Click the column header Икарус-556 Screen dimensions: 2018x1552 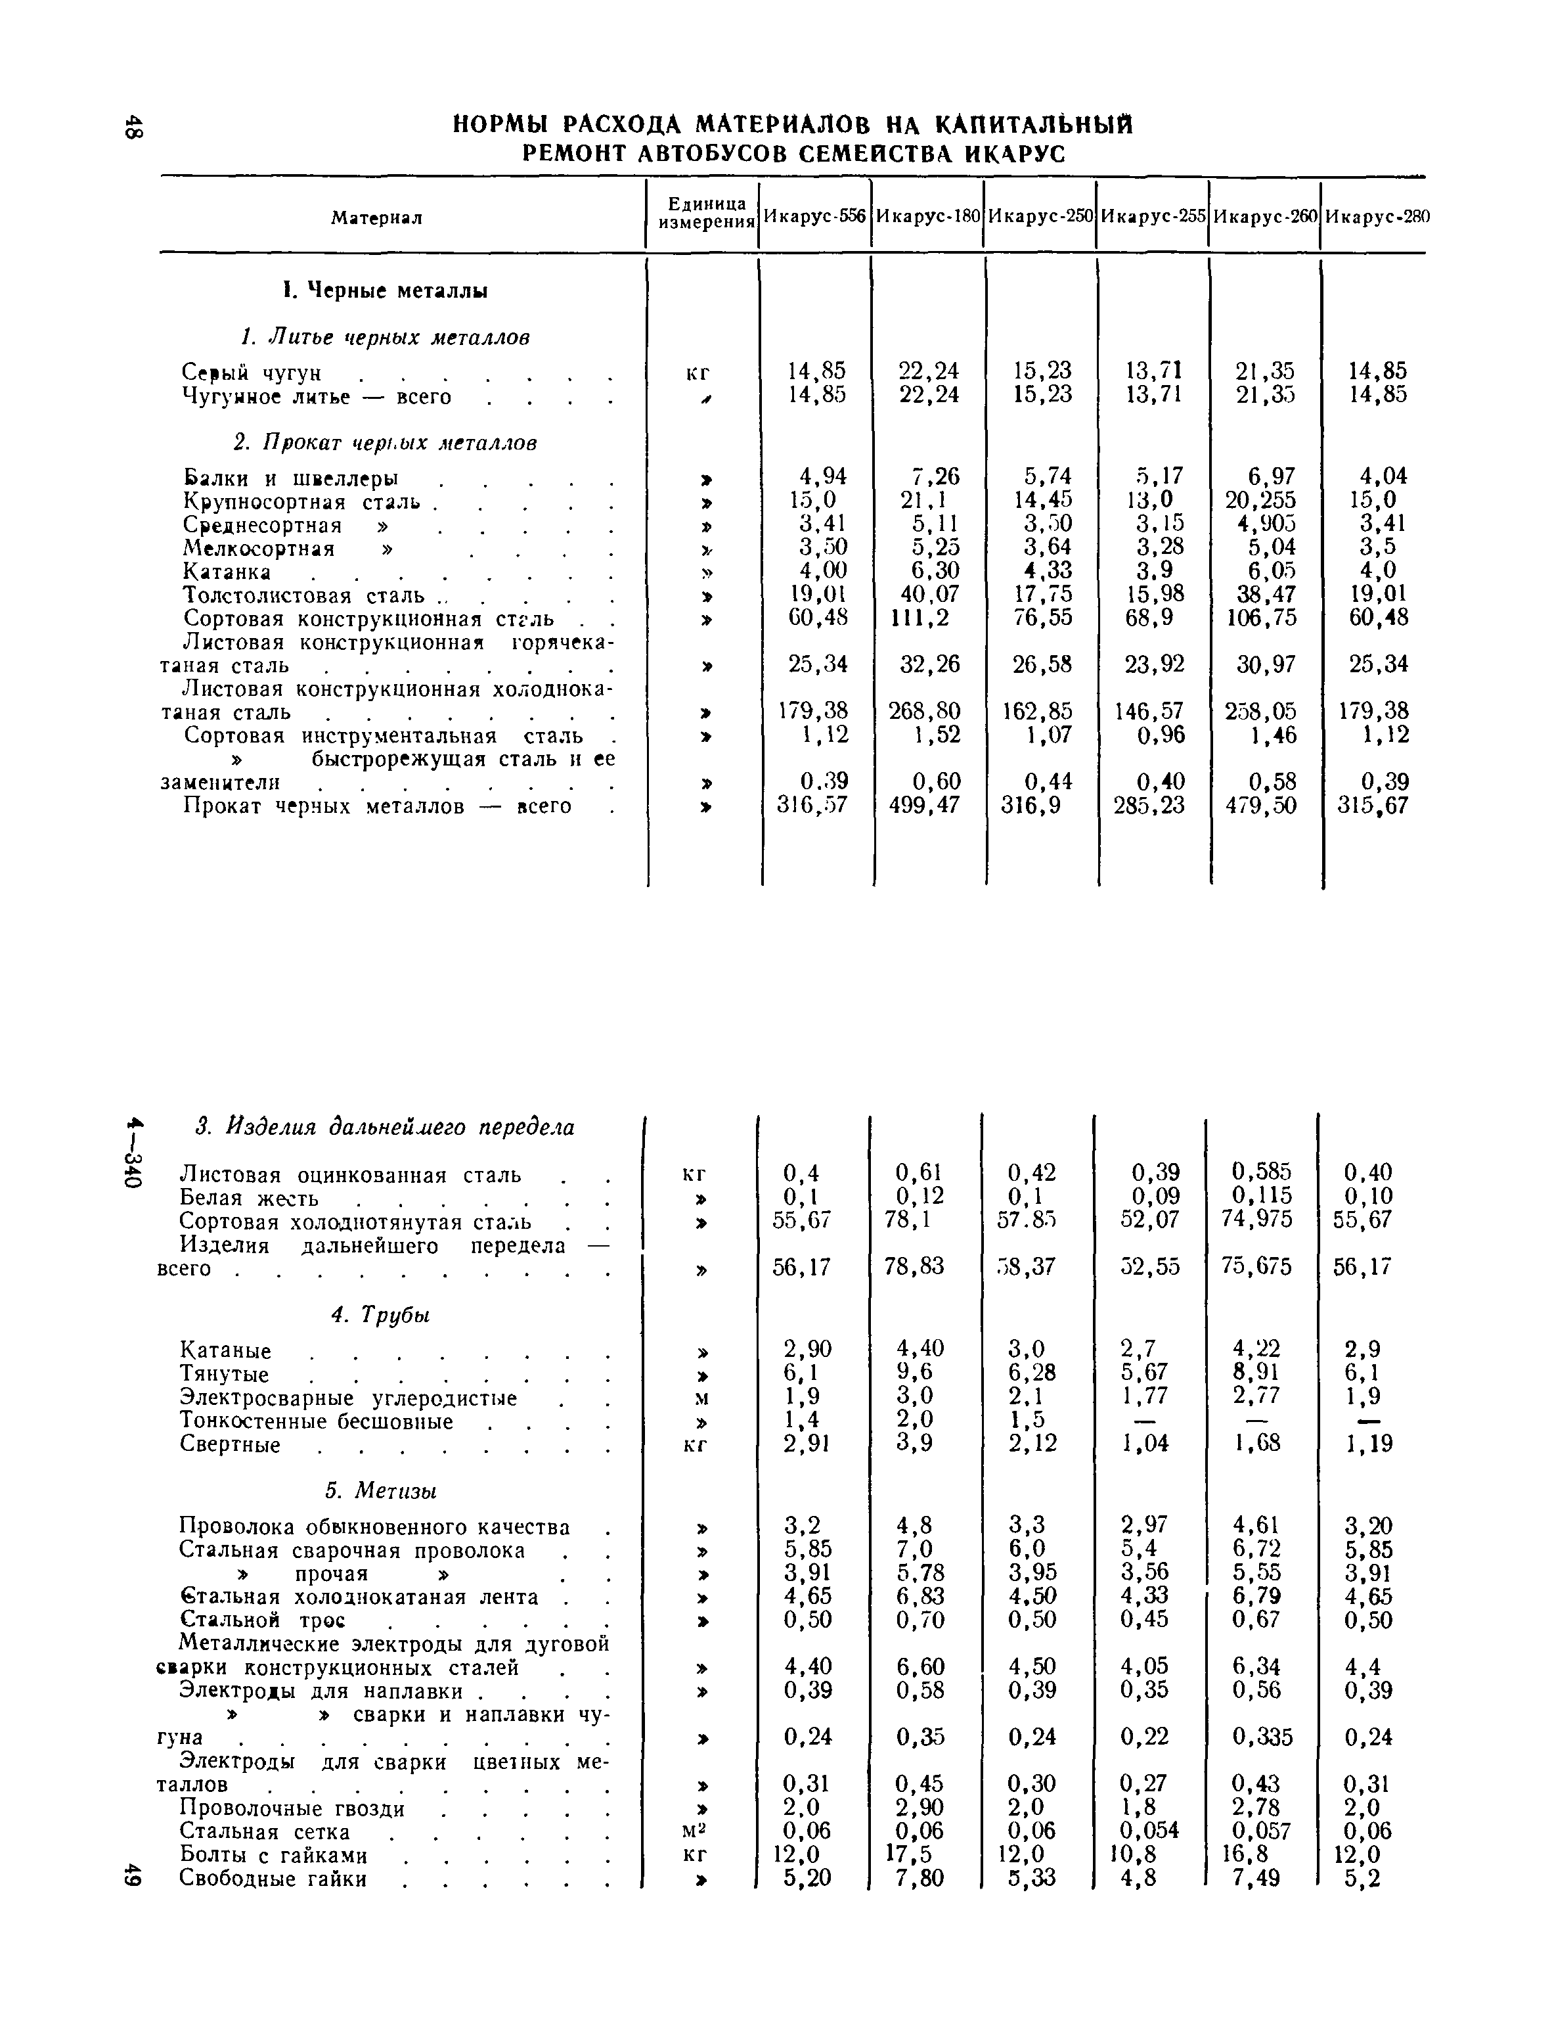coord(815,217)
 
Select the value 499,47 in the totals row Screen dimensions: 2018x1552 coord(924,806)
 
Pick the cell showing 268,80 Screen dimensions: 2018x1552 coord(924,712)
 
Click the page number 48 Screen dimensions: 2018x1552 coord(134,127)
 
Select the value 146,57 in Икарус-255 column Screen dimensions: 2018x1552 coord(1149,712)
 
